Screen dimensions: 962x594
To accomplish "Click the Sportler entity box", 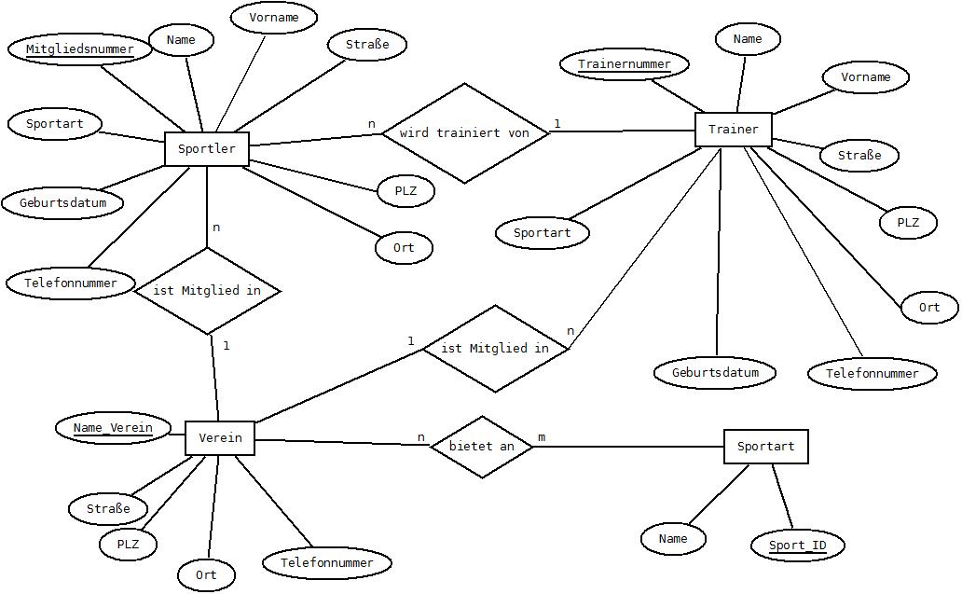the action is tap(207, 148).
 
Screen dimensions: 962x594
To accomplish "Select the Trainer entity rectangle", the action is tap(734, 130).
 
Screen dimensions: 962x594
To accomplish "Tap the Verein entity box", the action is tap(220, 438).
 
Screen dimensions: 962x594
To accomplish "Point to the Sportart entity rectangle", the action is tap(765, 446).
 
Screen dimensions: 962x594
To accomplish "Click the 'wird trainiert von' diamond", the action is tap(464, 133).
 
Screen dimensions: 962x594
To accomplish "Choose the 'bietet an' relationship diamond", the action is tap(482, 447).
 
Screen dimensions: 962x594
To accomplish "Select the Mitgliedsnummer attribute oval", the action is tap(80, 49).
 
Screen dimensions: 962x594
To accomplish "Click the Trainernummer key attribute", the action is tap(624, 63).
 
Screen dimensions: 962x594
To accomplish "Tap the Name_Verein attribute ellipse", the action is tap(113, 428).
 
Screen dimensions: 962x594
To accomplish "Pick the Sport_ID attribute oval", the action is tap(798, 545).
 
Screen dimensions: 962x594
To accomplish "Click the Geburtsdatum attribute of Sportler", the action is tap(62, 203).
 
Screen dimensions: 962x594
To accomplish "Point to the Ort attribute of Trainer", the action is tap(928, 308).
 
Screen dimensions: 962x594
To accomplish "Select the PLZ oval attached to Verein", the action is tap(128, 545).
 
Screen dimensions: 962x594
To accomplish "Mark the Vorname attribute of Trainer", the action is tap(865, 77).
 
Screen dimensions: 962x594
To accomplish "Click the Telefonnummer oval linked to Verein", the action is tap(326, 562).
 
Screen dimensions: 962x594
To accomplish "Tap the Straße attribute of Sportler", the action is tap(367, 44).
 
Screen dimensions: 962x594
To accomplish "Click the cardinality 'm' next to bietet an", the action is tap(542, 437).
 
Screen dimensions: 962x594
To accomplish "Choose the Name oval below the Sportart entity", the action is tap(672, 539).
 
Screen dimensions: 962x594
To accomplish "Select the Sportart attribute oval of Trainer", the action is tap(543, 233).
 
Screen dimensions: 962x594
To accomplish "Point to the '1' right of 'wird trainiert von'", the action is tap(557, 124).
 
